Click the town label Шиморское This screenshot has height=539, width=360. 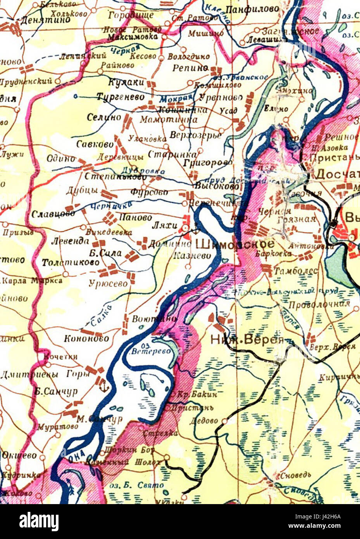point(236,244)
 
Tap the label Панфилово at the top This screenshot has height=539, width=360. point(252,9)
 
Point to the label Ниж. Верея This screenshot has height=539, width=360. point(247,340)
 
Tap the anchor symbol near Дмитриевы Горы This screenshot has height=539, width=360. point(103,386)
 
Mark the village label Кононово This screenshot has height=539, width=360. point(87,338)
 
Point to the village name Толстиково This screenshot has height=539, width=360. point(71,263)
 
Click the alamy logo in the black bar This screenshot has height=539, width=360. point(39,522)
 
